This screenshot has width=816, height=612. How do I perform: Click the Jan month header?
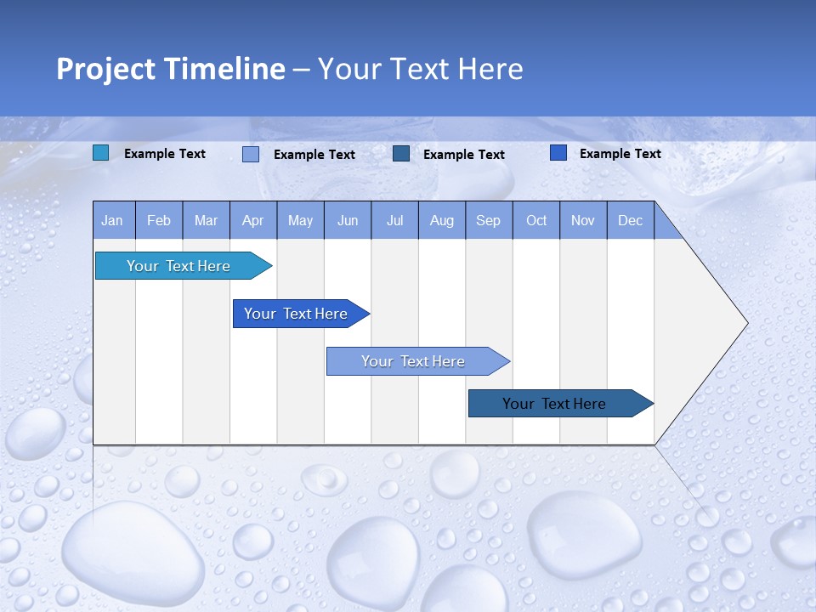[x=113, y=220]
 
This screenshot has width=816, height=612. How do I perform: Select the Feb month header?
[x=159, y=220]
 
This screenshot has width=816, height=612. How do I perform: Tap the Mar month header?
[x=206, y=220]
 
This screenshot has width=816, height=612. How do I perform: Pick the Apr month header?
[x=253, y=220]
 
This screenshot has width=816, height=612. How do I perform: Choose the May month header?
[x=300, y=220]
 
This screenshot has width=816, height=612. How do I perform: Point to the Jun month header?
[x=348, y=220]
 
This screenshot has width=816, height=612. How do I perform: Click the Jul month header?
[x=394, y=220]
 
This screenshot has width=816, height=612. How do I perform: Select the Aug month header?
[x=442, y=220]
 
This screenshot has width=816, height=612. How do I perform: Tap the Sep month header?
[x=489, y=220]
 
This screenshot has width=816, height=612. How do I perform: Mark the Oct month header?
[x=536, y=220]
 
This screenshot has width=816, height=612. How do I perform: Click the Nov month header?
[x=583, y=220]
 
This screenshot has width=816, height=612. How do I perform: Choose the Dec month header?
[x=631, y=220]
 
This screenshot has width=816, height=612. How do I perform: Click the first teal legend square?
[x=101, y=153]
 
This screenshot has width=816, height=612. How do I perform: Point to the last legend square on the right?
[x=558, y=153]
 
